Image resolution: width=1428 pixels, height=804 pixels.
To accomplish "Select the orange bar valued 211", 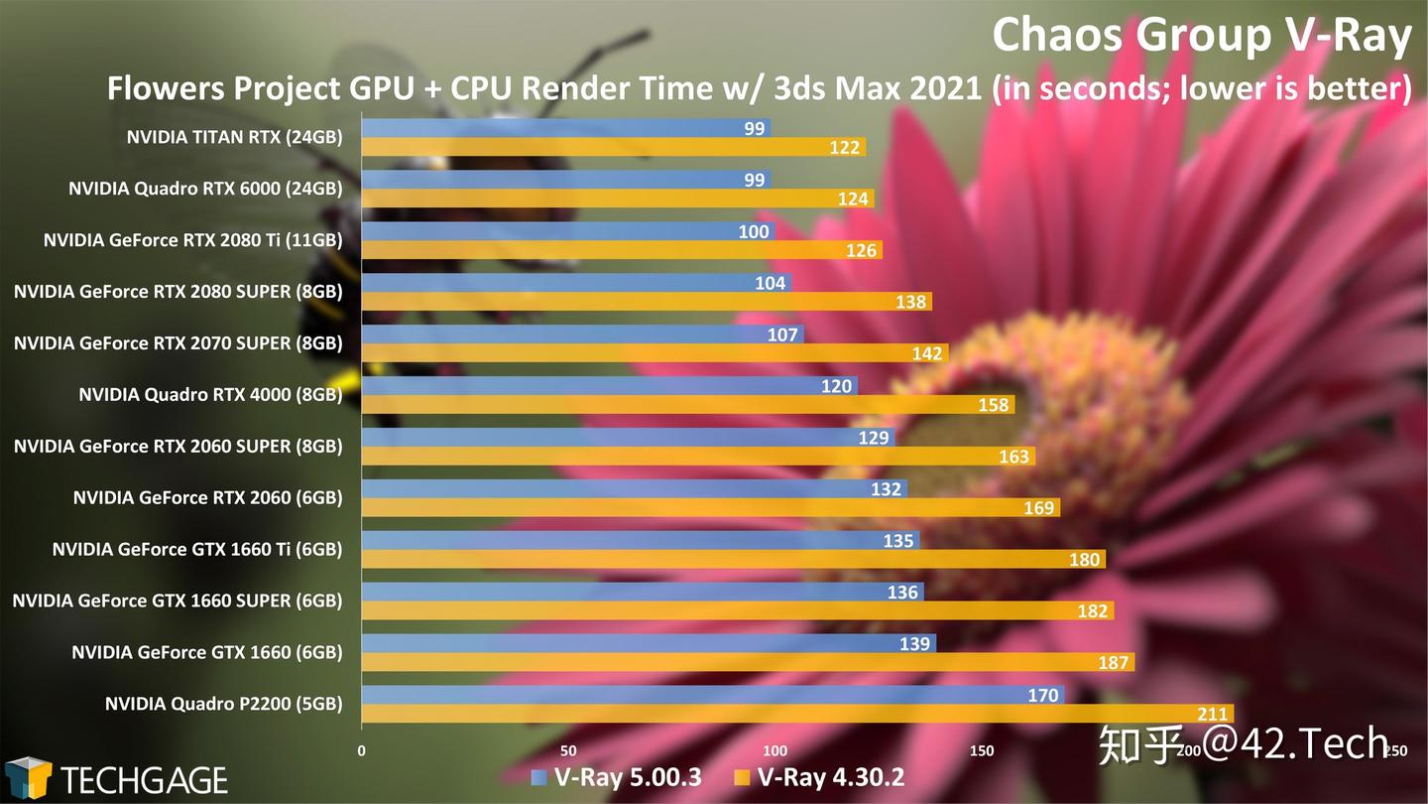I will coord(793,714).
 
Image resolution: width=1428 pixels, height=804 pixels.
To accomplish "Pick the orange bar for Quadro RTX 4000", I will coord(684,405).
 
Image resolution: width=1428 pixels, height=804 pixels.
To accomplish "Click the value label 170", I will coord(1043,696).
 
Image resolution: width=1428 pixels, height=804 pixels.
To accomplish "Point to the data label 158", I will coord(993,405).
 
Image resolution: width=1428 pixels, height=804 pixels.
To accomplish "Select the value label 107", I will coord(782,335).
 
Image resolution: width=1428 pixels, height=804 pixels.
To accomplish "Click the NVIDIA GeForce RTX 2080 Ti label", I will coord(193,240).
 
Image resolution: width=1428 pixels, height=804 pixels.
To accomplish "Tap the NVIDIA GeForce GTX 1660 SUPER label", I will coord(178,601).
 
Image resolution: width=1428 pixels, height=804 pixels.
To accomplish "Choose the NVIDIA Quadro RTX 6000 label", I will coord(205,189).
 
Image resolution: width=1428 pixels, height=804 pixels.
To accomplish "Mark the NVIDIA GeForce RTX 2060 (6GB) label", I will coord(207,497).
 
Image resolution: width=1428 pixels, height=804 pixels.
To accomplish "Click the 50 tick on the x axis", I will coord(568,750).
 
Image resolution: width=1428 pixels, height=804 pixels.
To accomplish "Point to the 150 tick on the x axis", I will coord(983,750).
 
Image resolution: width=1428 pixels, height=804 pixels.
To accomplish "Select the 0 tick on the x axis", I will coord(362,750).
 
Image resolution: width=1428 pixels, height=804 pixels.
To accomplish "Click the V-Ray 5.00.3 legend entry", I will coord(617,777).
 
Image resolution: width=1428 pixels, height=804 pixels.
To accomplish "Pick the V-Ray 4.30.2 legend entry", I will coord(819,777).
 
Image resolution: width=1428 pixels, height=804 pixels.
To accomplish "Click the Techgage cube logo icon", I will coord(28,777).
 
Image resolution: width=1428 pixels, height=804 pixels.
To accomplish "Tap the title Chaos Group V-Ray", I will coord(1201,36).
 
